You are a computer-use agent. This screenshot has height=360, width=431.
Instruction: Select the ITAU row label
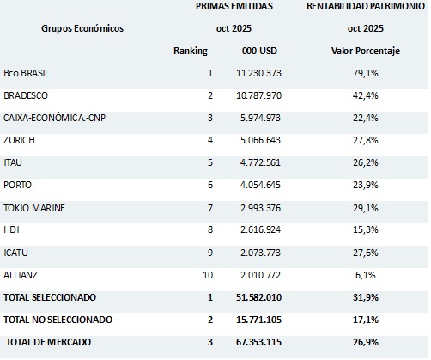(14, 162)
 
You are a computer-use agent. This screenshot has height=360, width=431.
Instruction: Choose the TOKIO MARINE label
(34, 207)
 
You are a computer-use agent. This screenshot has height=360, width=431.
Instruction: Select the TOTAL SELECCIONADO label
(50, 297)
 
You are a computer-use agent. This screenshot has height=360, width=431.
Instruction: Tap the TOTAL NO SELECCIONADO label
(58, 320)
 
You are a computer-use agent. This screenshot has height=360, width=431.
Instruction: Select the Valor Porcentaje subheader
(367, 52)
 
